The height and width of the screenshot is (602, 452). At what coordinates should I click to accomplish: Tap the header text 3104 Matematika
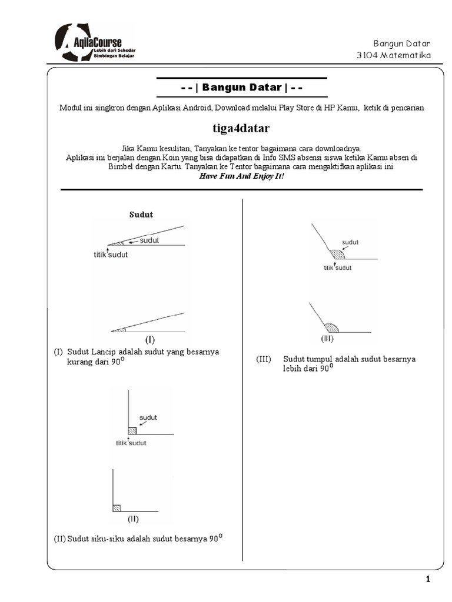pyautogui.click(x=394, y=55)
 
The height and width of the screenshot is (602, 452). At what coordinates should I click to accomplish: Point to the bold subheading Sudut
pyautogui.click(x=141, y=215)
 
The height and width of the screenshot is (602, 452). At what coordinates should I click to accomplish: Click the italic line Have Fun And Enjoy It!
pyautogui.click(x=241, y=176)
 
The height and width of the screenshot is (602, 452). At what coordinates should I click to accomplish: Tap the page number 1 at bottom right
pyautogui.click(x=428, y=580)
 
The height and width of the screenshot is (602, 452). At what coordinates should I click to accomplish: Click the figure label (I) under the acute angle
pyautogui.click(x=150, y=339)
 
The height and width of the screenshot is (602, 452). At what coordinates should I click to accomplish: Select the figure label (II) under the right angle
pyautogui.click(x=134, y=519)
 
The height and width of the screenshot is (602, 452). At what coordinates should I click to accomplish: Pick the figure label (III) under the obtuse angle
pyautogui.click(x=327, y=339)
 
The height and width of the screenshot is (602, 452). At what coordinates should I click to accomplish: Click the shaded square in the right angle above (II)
pyautogui.click(x=117, y=507)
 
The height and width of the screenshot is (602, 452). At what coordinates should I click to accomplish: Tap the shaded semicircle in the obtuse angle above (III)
pyautogui.click(x=331, y=327)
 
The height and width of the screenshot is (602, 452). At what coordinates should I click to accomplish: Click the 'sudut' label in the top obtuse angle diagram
pyautogui.click(x=350, y=242)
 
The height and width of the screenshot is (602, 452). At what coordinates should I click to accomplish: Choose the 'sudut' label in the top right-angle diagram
pyautogui.click(x=148, y=417)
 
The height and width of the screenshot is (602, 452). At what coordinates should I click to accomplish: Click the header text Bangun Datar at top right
pyautogui.click(x=402, y=44)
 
